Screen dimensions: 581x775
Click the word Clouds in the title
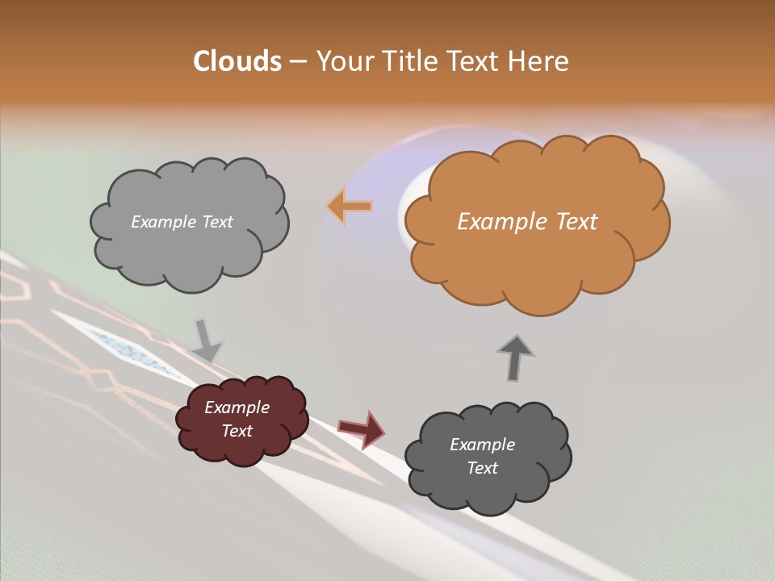click(237, 61)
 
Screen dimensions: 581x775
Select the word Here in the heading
click(541, 61)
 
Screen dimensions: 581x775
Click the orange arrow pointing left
click(350, 207)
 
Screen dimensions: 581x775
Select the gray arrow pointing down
click(207, 340)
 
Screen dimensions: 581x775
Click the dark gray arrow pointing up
click(515, 357)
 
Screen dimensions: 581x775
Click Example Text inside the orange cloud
click(527, 222)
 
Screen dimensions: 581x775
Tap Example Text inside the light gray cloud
click(182, 222)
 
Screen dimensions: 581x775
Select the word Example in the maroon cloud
click(237, 408)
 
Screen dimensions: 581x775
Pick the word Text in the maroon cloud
click(237, 431)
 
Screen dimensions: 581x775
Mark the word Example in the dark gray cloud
click(482, 445)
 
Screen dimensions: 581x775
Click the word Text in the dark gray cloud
click(482, 468)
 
